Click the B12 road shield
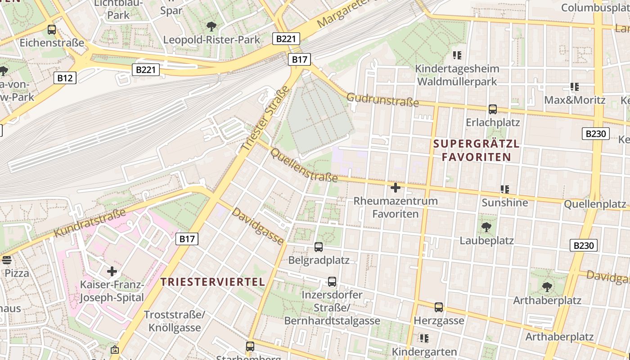point(65,78)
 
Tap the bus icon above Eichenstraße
point(52,30)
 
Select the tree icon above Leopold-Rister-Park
point(211,26)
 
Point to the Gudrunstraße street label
point(382,100)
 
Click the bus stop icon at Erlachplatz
point(493,109)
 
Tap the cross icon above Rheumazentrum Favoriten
point(396,187)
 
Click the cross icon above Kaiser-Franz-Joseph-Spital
point(112,271)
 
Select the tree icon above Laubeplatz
point(486,227)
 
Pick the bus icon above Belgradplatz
point(319,247)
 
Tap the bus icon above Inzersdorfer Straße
point(332,282)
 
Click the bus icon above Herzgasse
point(439,307)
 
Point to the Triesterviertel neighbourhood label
point(213,282)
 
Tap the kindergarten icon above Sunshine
point(505,189)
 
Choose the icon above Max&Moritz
point(574,86)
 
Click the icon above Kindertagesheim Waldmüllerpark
point(457,55)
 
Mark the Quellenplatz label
point(594,204)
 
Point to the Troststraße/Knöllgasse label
point(175,321)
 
